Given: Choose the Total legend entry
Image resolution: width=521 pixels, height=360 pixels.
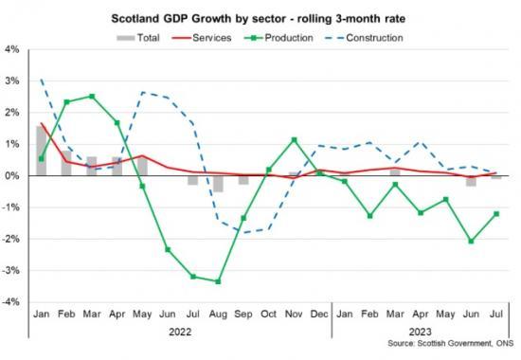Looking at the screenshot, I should [138, 38].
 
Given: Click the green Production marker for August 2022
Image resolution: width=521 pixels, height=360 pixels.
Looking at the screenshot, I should [218, 281].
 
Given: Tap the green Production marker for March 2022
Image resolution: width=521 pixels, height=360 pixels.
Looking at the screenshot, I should [91, 97].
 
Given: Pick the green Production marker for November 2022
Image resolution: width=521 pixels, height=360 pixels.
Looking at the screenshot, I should [294, 140].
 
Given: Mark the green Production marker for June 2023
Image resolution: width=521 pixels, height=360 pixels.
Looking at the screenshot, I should [471, 241].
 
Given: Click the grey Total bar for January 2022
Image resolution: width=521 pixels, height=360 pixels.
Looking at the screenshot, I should [41, 151].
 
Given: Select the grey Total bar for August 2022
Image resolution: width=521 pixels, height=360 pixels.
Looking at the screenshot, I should [218, 184].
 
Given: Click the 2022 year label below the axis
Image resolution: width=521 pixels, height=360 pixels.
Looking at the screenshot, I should [180, 333].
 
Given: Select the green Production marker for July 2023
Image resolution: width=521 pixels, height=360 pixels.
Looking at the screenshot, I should [496, 214].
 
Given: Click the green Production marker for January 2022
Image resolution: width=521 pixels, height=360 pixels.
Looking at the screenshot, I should [41, 159].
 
